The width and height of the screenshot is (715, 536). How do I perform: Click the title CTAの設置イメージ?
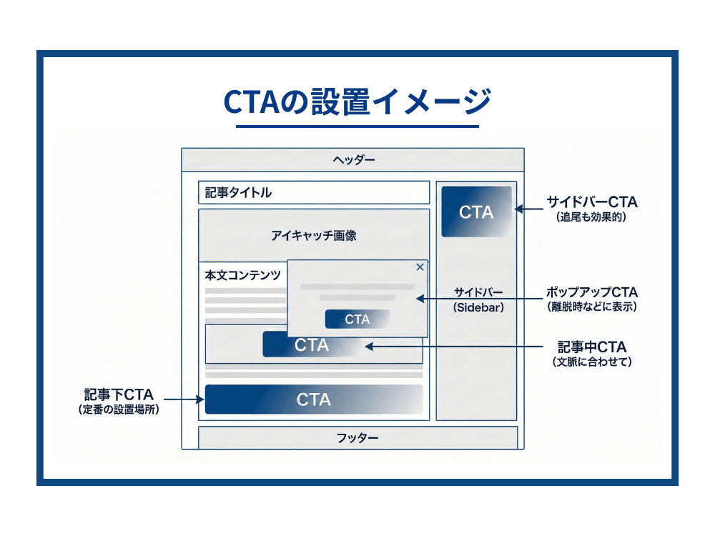click(357, 101)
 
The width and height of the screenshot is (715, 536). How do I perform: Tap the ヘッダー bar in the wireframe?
click(353, 159)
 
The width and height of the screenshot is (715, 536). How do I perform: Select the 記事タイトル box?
click(313, 192)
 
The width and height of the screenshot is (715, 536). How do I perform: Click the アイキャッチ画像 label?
click(313, 235)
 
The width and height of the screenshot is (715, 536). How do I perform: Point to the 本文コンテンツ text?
click(242, 275)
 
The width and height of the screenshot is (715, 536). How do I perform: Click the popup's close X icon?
click(420, 267)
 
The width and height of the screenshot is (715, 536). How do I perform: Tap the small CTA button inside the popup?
click(357, 319)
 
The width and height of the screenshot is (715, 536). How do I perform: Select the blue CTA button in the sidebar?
click(476, 212)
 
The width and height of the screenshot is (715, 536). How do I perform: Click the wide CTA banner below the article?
click(314, 399)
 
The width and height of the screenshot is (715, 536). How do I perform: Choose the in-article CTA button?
click(312, 345)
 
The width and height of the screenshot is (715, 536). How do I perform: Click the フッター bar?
click(357, 437)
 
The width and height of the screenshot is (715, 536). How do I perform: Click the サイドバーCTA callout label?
click(591, 201)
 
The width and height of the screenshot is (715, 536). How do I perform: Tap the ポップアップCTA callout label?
click(591, 292)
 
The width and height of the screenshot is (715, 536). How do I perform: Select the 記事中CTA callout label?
click(591, 347)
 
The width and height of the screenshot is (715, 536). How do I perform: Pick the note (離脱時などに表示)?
click(591, 307)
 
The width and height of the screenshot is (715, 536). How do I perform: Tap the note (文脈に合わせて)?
click(591, 362)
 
